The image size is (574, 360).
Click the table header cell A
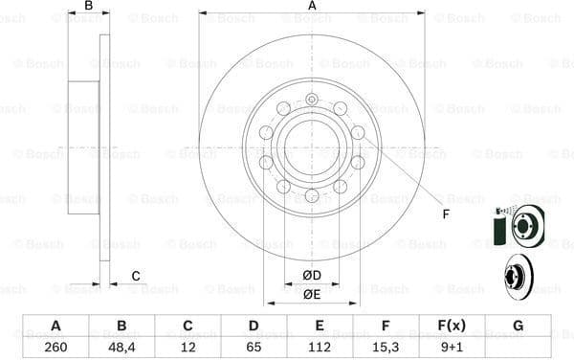click(x=55, y=326)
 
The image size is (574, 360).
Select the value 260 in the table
click(x=55, y=347)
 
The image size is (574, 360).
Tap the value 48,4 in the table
click(x=121, y=347)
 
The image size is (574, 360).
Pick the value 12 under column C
click(x=188, y=347)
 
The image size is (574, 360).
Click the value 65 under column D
click(x=254, y=347)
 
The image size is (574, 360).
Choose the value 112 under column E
click(x=320, y=347)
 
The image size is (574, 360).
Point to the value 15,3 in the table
click(x=386, y=347)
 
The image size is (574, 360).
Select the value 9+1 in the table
click(x=452, y=347)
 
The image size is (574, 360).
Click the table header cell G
click(x=518, y=326)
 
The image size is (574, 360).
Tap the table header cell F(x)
click(x=452, y=326)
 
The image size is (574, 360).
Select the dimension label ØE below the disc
click(x=312, y=294)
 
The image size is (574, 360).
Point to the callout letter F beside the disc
click(x=445, y=213)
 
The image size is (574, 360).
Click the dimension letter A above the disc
click(x=312, y=6)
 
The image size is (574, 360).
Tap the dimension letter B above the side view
click(x=88, y=6)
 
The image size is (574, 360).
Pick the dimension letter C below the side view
click(x=136, y=277)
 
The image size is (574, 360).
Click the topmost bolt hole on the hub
click(x=312, y=99)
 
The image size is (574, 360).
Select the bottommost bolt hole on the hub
click(x=312, y=196)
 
